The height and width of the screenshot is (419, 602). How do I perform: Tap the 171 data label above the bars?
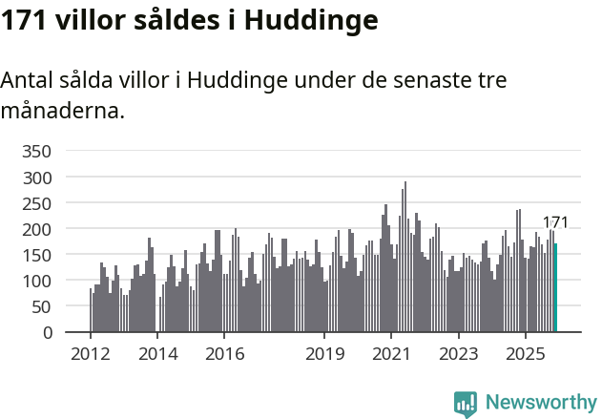(x=555, y=222)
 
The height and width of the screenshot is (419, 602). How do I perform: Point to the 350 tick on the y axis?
(x=36, y=152)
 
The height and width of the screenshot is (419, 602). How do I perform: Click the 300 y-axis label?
(x=36, y=178)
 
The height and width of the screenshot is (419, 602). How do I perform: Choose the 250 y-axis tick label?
(x=36, y=203)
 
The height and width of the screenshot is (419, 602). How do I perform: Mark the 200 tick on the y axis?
(x=36, y=229)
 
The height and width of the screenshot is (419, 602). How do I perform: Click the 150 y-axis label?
(x=36, y=255)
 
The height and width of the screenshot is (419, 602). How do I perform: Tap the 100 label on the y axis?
(x=36, y=281)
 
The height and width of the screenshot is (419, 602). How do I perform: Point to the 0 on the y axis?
(x=46, y=332)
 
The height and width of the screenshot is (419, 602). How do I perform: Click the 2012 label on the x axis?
(x=91, y=354)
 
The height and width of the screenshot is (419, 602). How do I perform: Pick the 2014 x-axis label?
(x=157, y=354)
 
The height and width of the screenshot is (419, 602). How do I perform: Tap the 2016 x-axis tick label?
(x=224, y=354)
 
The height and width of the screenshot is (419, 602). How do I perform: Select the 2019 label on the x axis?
(x=324, y=354)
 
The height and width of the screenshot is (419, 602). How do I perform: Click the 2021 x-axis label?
(x=391, y=354)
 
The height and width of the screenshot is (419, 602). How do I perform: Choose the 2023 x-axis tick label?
(x=458, y=354)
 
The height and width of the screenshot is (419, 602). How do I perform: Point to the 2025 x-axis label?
(x=525, y=354)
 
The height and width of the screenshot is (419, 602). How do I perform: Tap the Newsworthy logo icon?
(x=466, y=404)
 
